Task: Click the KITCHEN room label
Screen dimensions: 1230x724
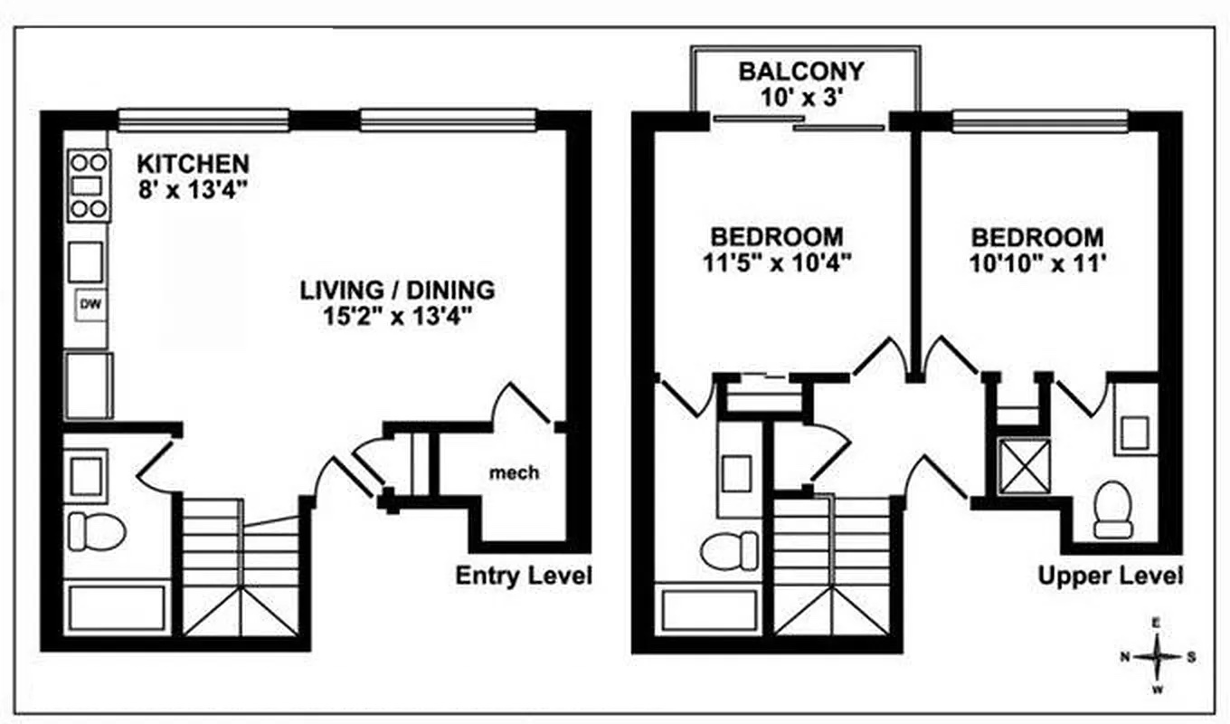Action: (194, 164)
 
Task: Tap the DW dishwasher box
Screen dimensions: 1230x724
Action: (90, 305)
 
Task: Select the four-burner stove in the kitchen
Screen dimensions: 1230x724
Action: (89, 186)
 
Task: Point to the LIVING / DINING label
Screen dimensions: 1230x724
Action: (397, 290)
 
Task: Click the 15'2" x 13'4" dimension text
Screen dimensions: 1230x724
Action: (398, 317)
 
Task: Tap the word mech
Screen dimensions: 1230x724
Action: (514, 472)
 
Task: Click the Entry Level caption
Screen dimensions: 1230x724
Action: (524, 576)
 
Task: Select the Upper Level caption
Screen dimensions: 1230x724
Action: (1111, 576)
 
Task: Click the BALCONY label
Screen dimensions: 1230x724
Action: (801, 71)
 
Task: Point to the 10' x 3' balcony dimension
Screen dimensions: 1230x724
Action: (801, 98)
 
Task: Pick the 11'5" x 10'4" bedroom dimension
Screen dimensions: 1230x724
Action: (777, 262)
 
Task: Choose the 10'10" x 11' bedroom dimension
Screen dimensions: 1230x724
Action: (1037, 263)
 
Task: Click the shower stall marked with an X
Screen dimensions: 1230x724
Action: (1024, 466)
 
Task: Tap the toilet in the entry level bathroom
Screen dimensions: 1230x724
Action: (97, 532)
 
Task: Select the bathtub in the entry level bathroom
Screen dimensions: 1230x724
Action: (117, 608)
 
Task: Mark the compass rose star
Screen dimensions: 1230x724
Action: (1157, 656)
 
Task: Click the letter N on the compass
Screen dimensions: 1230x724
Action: (1124, 656)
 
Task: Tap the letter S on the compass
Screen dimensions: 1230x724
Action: (1191, 657)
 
